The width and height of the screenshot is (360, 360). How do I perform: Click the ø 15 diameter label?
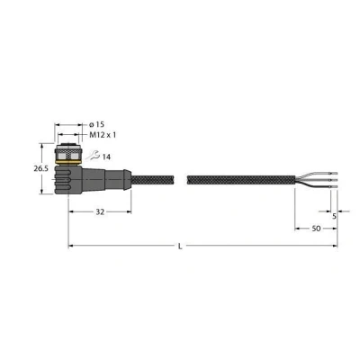(x=97, y=124)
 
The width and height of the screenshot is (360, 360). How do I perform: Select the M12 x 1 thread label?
(x=103, y=135)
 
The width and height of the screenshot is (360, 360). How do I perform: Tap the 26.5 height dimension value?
(x=40, y=168)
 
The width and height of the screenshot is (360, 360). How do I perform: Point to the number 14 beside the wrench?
(x=106, y=157)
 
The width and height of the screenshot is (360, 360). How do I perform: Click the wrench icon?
(x=93, y=156)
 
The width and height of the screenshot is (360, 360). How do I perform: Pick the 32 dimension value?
(x=100, y=212)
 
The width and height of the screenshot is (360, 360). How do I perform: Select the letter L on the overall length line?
(x=180, y=247)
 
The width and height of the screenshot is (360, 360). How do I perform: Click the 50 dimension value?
(x=316, y=229)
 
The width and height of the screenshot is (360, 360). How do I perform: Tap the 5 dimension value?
(x=334, y=216)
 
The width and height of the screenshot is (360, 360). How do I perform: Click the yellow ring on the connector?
(x=68, y=163)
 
